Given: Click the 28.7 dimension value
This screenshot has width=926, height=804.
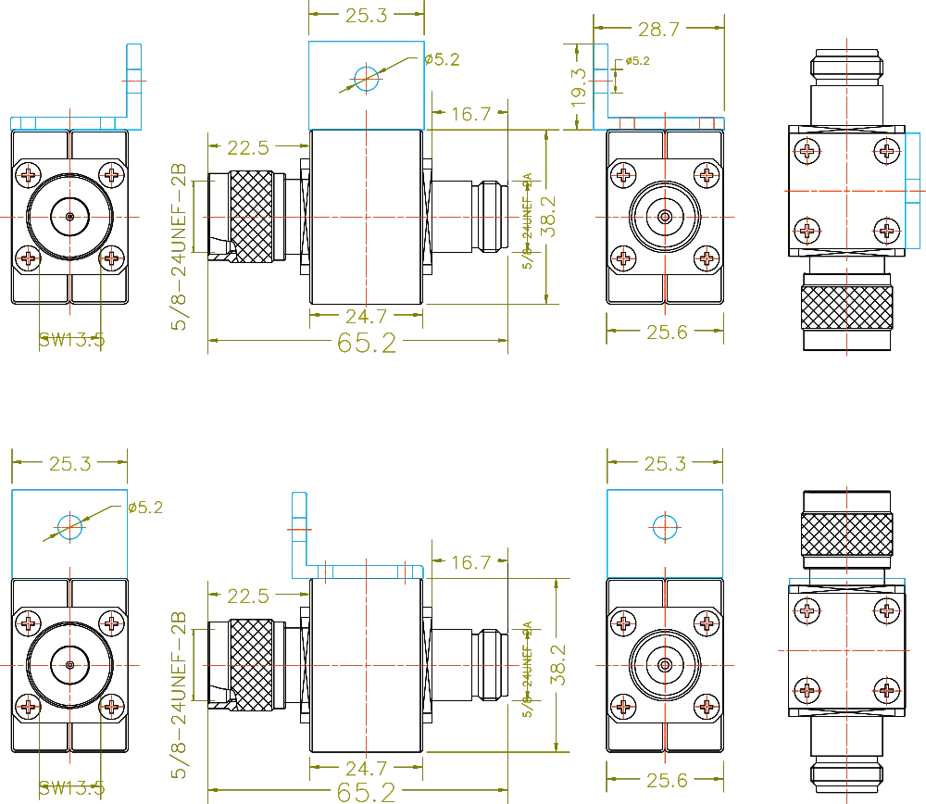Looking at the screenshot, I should click(x=659, y=31).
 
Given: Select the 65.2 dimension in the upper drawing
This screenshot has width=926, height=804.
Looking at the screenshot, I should click(x=367, y=345).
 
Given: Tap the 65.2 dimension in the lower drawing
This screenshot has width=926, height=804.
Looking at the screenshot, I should click(x=367, y=792).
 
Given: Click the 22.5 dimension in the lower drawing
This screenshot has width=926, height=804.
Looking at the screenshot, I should click(x=247, y=597).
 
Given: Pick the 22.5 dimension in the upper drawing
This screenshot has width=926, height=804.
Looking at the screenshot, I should click(x=247, y=149).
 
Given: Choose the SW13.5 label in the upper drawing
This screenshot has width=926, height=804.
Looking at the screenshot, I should click(x=70, y=341).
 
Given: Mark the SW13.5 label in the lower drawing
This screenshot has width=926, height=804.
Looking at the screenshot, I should click(x=70, y=789).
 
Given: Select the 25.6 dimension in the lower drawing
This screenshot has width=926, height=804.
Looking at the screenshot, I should click(x=663, y=782).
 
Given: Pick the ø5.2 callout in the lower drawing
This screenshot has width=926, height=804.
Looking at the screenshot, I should click(x=145, y=508).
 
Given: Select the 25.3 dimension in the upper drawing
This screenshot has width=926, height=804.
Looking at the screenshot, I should click(x=367, y=15).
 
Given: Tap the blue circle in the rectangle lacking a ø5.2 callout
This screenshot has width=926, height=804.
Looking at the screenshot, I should click(x=665, y=526).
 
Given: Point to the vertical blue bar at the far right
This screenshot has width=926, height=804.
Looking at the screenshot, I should click(x=912, y=193).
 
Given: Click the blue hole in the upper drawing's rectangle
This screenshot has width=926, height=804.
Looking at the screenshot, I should click(x=368, y=79).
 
